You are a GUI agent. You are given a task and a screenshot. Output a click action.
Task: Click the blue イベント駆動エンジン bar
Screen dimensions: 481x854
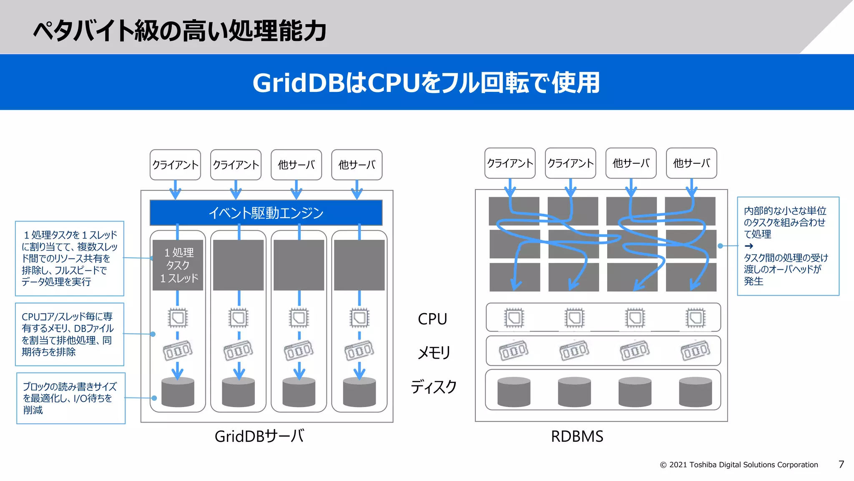point(266,213)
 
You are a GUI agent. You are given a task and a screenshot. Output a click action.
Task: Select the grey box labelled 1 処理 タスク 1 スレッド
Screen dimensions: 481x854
point(178,265)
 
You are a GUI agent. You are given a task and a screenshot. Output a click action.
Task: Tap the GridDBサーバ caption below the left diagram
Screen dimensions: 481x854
point(259,436)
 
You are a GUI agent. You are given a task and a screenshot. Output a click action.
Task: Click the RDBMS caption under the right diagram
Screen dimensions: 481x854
point(577,436)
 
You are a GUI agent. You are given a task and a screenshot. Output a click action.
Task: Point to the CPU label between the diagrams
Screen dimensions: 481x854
point(432,319)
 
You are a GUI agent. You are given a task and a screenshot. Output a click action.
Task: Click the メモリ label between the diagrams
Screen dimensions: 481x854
point(434,353)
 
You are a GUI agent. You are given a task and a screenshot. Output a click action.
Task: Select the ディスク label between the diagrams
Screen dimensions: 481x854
point(434,387)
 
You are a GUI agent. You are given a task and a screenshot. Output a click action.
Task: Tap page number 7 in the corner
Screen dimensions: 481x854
point(841,464)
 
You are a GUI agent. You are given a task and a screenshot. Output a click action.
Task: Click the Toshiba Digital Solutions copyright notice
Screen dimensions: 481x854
point(738,465)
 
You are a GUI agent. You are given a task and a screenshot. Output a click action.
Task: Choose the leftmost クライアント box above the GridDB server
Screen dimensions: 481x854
point(175,165)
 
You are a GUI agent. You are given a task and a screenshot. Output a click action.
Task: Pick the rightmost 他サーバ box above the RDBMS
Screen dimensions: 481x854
point(691,163)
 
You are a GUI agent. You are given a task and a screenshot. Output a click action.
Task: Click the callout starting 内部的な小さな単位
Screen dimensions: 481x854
point(788,246)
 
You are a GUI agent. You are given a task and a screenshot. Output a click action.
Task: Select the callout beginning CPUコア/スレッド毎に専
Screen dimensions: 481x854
point(70,334)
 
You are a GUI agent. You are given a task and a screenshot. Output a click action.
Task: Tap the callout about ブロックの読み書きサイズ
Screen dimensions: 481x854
point(70,398)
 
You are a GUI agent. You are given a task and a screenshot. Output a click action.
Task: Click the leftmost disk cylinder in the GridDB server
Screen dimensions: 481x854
point(178,392)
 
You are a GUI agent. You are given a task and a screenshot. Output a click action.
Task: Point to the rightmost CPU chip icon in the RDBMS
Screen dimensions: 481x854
point(696,318)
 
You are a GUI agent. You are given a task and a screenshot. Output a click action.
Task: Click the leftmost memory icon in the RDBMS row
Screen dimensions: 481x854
point(514,351)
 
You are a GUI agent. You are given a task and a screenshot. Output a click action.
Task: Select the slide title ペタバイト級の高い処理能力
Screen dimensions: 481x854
point(179,30)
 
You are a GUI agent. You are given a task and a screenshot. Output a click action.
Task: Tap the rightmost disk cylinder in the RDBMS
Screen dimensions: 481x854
point(695,392)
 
